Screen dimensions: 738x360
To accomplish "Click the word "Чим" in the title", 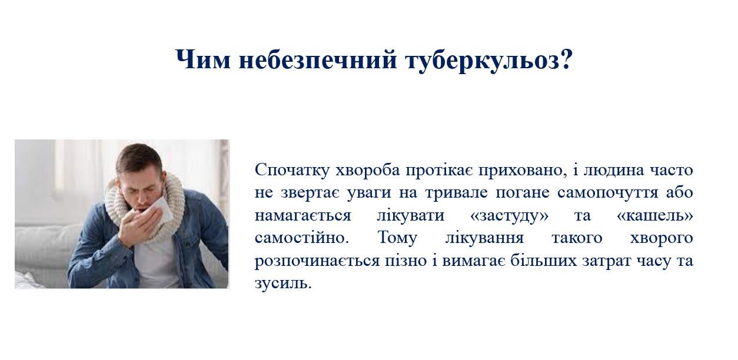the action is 203,59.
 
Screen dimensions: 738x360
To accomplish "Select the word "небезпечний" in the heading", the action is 318,60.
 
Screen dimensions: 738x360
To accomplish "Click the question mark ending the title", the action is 566,59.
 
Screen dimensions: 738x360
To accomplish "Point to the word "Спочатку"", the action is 292,170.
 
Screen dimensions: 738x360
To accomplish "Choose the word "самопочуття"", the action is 607,193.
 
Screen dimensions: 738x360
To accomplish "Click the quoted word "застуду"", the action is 509,216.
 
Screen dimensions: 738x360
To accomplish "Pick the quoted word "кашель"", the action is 654,216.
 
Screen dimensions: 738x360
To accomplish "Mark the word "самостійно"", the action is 302,238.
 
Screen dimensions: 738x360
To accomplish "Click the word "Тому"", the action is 397,238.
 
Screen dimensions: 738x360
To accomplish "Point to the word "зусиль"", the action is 283,284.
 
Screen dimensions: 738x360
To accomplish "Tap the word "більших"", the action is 544,260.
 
